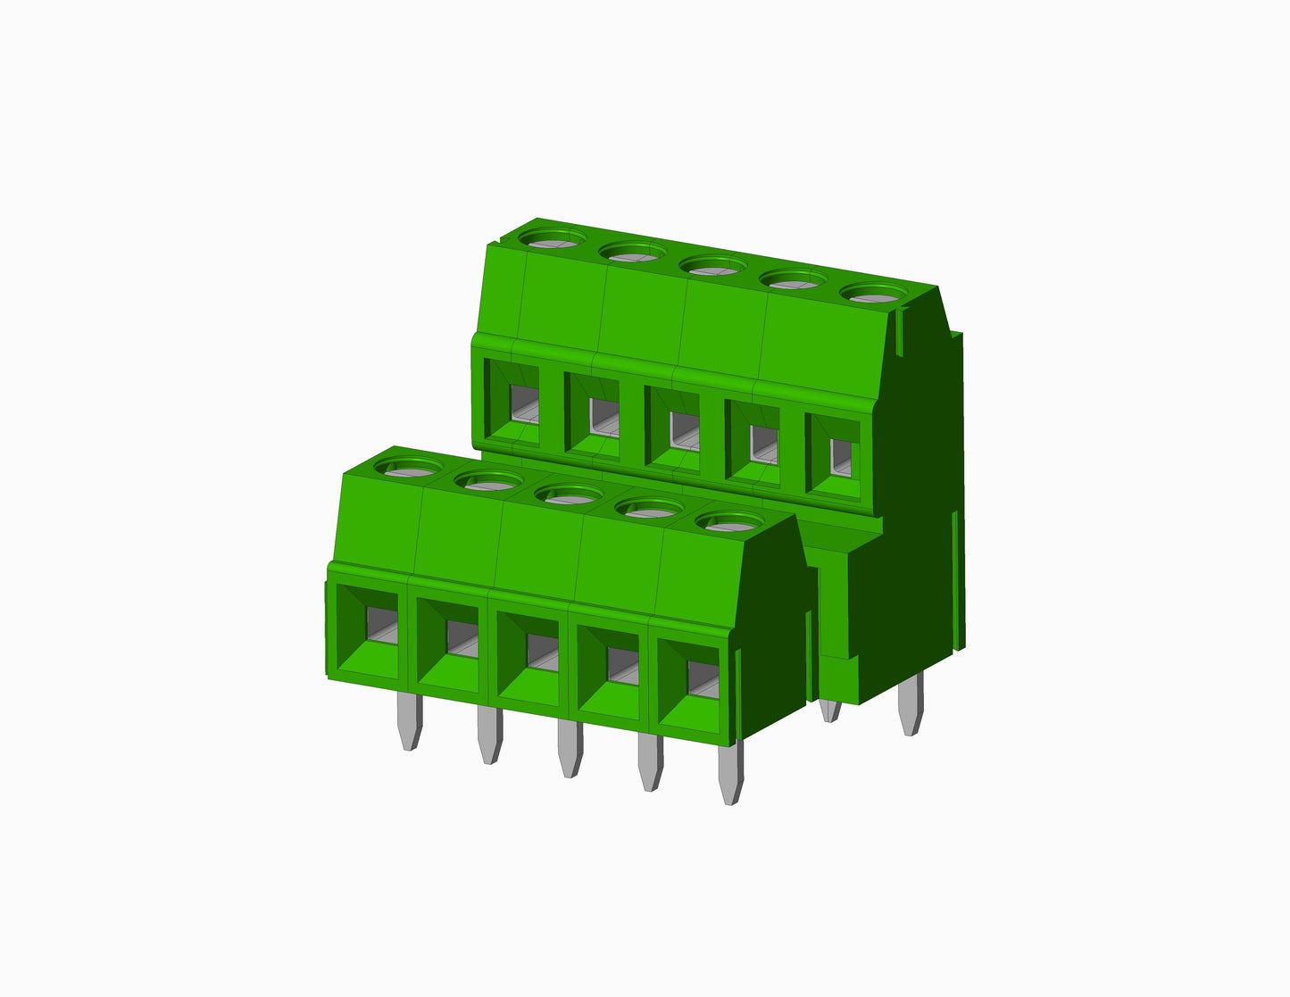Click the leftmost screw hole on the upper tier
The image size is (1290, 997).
pyautogui.click(x=552, y=238)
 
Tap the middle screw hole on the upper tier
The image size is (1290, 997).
pyautogui.click(x=712, y=265)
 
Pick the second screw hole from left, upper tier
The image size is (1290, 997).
pyautogui.click(x=632, y=252)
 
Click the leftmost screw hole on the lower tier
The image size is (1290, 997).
pyautogui.click(x=408, y=465)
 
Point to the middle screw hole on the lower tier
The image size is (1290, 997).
pyautogui.click(x=568, y=494)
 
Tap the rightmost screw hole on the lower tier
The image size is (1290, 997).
pyautogui.click(x=728, y=522)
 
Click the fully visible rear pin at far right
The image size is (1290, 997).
pyautogui.click(x=911, y=705)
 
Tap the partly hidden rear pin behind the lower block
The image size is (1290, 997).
pyautogui.click(x=829, y=710)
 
